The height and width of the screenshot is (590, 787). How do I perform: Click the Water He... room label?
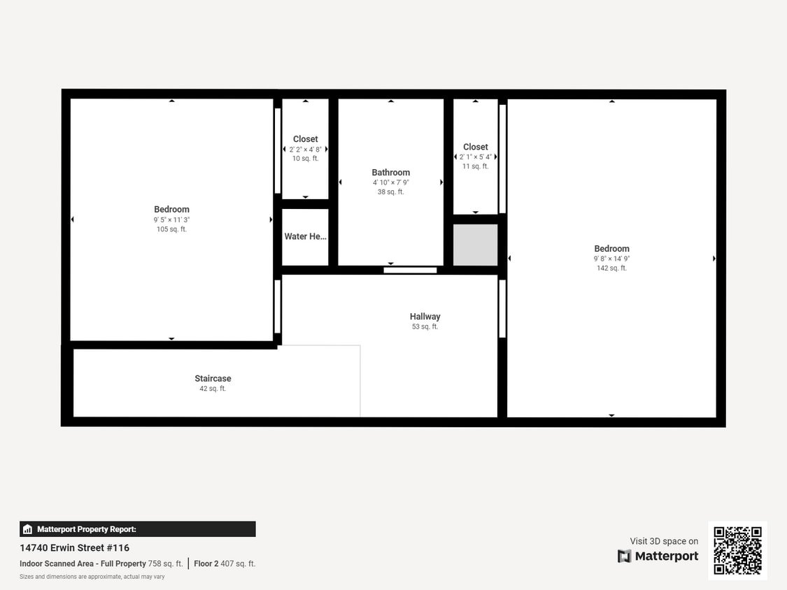tap(305, 237)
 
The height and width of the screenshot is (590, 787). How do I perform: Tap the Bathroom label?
tap(390, 173)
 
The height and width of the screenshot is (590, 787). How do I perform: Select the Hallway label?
tap(425, 317)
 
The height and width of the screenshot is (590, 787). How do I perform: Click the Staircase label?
tap(213, 379)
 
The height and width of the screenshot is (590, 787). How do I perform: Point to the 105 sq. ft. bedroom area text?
tap(171, 229)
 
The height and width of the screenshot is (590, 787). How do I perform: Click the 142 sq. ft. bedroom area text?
tap(611, 268)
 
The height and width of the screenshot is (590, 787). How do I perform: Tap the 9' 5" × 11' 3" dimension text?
tap(171, 220)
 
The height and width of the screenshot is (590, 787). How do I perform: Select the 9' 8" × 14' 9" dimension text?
tap(611, 259)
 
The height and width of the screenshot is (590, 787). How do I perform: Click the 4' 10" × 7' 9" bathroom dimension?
tap(390, 182)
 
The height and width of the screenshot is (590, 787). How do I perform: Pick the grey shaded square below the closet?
tap(475, 245)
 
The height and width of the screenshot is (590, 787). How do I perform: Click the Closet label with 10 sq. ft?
tap(305, 139)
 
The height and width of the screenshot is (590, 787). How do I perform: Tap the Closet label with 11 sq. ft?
tap(475, 147)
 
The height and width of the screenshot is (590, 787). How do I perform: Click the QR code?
tap(737, 550)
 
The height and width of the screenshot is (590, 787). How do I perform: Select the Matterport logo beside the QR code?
tap(658, 556)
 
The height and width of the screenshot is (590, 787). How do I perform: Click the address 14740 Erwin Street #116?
tap(74, 548)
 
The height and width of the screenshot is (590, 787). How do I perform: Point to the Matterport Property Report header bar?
tap(137, 529)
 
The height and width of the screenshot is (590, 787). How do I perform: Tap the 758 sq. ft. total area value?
tap(165, 563)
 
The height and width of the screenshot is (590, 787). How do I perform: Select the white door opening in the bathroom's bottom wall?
tap(410, 270)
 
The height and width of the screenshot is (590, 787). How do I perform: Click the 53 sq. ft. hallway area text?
tap(425, 326)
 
